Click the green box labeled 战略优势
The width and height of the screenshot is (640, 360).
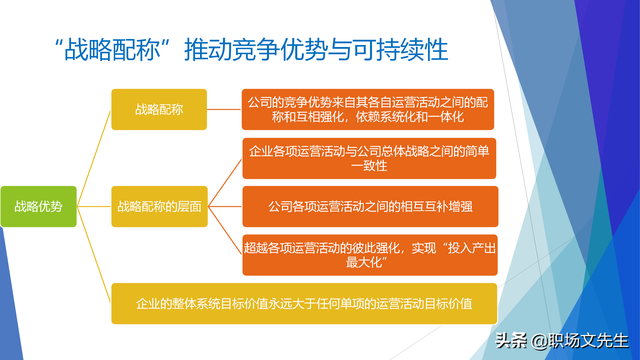click(38, 207)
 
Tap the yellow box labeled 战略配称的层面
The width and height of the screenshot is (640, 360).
click(160, 207)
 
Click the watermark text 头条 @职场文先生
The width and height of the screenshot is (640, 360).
click(565, 340)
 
